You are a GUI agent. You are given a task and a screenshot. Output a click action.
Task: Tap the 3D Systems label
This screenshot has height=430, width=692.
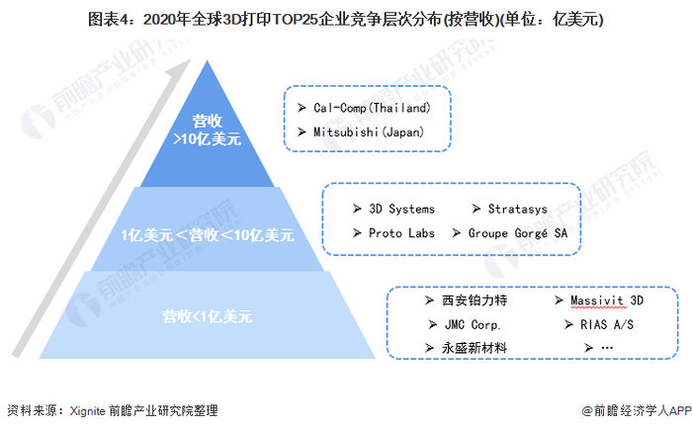pos(401,209)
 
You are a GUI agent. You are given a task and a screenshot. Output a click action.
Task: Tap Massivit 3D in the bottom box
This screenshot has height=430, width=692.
pos(606,300)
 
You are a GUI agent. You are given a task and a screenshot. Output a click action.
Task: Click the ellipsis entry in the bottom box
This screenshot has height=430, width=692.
pos(606,348)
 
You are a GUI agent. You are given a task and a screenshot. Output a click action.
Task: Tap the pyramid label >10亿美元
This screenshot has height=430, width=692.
pos(208,139)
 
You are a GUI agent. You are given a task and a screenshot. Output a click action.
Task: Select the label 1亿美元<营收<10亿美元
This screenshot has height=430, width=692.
pos(208,235)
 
